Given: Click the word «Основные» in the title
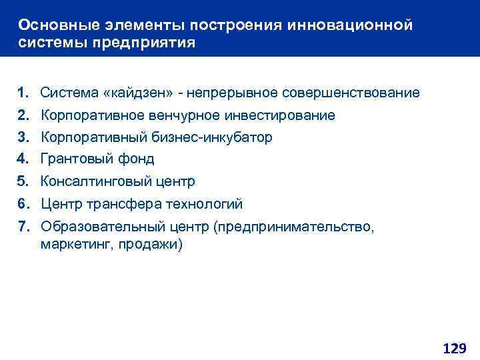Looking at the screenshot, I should click(x=54, y=25).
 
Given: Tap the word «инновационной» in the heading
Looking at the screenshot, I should click(x=351, y=25).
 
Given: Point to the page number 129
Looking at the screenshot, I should click(x=454, y=347).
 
